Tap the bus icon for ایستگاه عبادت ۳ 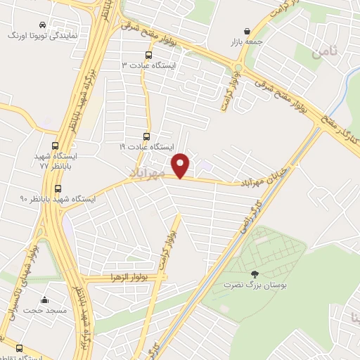coord(148,55)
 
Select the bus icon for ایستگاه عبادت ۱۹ coord(146,136)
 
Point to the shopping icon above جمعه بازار coord(246,32)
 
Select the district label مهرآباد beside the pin coord(148,172)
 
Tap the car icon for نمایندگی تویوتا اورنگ coord(44,23)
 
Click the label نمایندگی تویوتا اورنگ coord(43,34)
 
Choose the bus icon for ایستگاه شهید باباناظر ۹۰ coord(58,188)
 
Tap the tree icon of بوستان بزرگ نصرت coord(254,274)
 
